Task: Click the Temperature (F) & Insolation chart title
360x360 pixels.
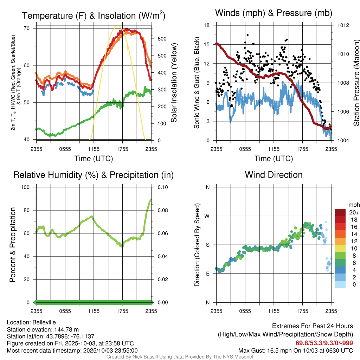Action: coord(94,15)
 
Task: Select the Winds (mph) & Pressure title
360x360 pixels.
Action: coord(274,13)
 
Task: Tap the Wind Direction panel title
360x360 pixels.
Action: coord(274,175)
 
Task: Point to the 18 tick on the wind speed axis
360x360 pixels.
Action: coord(207,25)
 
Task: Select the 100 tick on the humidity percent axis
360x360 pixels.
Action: coord(28,187)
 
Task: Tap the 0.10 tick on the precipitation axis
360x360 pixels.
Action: coord(162,187)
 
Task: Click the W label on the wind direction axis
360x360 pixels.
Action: coord(207,216)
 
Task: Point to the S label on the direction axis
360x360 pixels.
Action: coord(207,245)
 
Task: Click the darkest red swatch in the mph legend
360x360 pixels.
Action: coord(340,212)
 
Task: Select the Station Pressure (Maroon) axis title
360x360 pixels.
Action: coord(356,83)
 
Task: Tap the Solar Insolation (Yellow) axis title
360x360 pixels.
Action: coord(174,83)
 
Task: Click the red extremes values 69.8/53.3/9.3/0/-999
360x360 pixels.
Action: coord(324,343)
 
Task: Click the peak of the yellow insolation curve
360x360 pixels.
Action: coord(118,26)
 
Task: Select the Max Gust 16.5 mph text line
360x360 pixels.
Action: coord(295,351)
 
